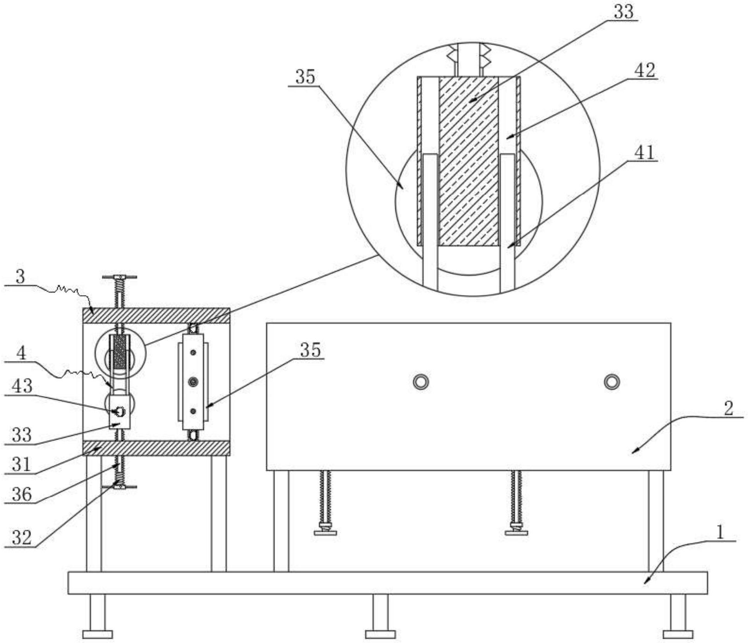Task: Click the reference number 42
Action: (645, 71)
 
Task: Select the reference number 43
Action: (22, 386)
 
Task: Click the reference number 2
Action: (728, 409)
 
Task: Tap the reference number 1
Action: (720, 533)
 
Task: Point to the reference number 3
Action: (21, 277)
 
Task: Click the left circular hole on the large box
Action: (421, 382)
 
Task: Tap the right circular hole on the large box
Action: (612, 382)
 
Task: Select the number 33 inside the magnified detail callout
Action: (624, 12)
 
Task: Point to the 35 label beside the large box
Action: (311, 350)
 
